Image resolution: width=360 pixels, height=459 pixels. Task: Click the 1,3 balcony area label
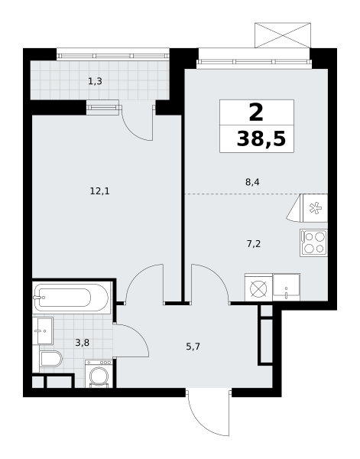(x=95, y=81)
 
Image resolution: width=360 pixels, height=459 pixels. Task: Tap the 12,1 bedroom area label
(x=99, y=191)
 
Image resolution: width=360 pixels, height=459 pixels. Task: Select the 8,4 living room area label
(x=252, y=182)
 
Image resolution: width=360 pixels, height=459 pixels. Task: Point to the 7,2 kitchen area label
(x=254, y=243)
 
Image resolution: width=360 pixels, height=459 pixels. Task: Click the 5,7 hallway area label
(x=193, y=347)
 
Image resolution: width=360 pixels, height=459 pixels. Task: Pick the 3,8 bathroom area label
(x=83, y=343)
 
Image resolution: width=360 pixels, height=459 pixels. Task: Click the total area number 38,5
(x=261, y=138)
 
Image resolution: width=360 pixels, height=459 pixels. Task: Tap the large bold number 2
(x=256, y=113)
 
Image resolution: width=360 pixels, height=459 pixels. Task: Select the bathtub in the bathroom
(x=72, y=298)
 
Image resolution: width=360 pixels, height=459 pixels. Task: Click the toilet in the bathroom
(x=50, y=359)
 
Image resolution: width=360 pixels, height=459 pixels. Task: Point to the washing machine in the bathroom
(x=99, y=374)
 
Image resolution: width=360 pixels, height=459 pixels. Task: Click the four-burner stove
(x=313, y=243)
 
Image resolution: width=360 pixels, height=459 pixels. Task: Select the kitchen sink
(x=286, y=287)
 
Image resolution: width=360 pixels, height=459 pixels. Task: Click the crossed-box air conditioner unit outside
(x=283, y=35)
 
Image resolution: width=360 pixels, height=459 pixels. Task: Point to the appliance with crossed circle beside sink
(x=258, y=288)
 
